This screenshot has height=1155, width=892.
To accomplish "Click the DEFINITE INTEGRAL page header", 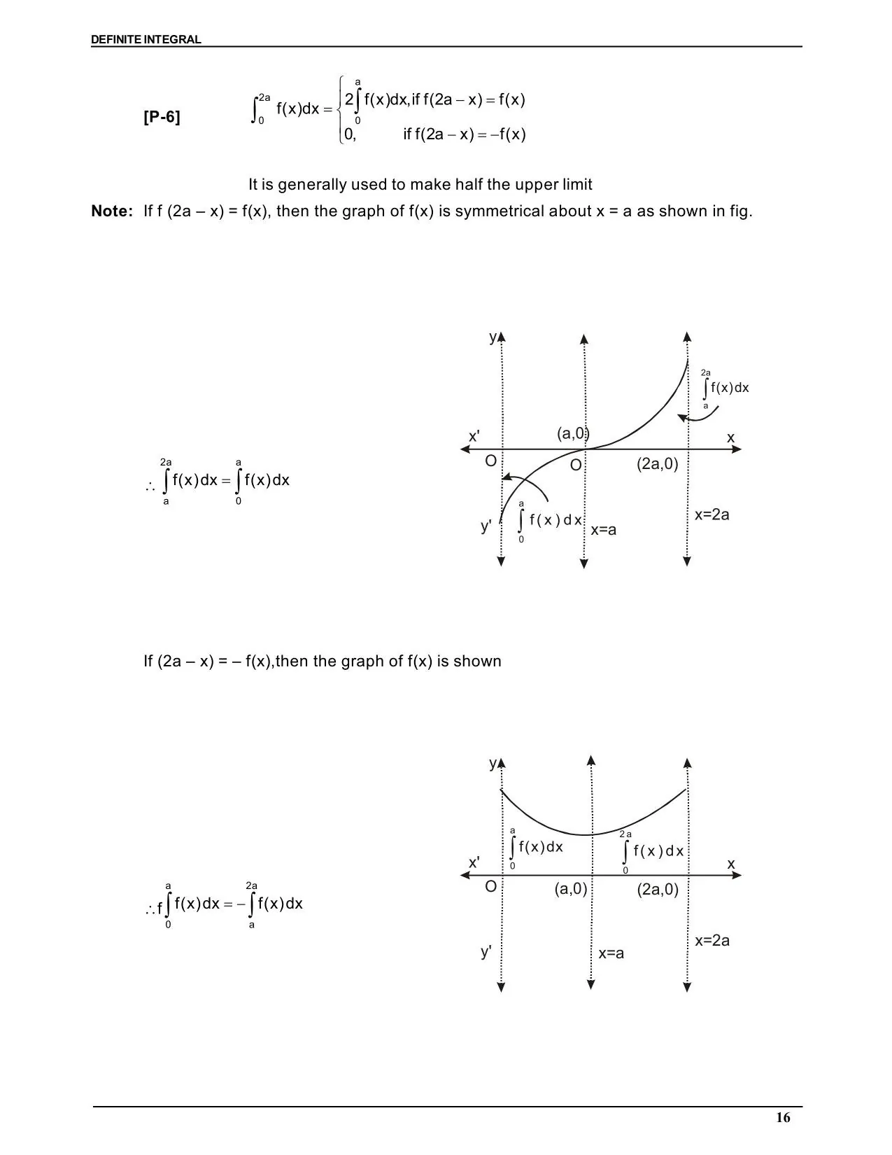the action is (146, 40).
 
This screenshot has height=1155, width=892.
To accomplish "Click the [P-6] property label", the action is (162, 117).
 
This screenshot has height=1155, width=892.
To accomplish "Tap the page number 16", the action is (783, 1117).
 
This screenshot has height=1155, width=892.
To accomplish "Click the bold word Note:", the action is (111, 211).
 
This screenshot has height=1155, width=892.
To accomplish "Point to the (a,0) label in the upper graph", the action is (573, 433).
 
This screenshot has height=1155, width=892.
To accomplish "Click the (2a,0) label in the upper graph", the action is (657, 463).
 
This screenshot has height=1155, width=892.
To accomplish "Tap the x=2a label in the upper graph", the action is (712, 514).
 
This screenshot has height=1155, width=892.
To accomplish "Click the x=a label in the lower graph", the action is (611, 953).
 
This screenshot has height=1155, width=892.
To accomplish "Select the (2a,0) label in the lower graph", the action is (657, 890).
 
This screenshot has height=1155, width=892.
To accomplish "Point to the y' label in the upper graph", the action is (486, 526).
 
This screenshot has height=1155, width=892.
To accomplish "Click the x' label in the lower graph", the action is (474, 862).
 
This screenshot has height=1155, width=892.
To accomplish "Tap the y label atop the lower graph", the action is (493, 763).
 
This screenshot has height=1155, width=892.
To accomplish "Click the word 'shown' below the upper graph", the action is (478, 661).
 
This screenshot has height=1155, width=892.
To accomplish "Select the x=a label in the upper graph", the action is (603, 530).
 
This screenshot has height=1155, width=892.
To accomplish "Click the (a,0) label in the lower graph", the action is (570, 889).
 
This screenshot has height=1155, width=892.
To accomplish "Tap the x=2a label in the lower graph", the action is (712, 940).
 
